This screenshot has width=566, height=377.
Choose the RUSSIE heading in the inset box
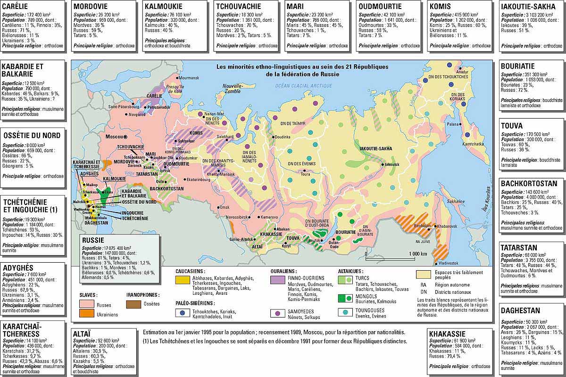click(x=93, y=239)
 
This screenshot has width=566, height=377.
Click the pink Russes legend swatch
click(x=86, y=305)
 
